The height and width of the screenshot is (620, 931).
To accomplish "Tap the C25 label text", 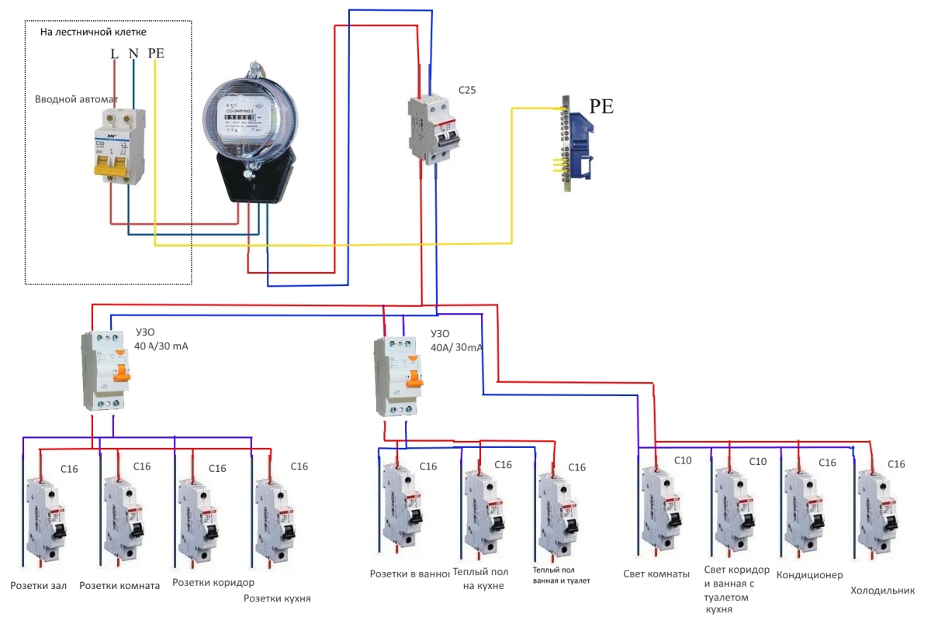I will [x=467, y=90].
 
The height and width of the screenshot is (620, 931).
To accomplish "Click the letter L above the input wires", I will [x=115, y=53].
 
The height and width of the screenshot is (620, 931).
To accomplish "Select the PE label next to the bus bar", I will [x=601, y=107].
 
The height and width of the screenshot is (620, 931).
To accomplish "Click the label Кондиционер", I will [x=809, y=576].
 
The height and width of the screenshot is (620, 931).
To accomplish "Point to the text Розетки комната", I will [x=119, y=586].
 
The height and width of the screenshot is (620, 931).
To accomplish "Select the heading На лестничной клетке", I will [x=93, y=32].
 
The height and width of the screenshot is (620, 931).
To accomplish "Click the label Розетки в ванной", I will [x=410, y=574].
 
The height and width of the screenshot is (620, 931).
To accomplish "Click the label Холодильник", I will [x=877, y=591].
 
